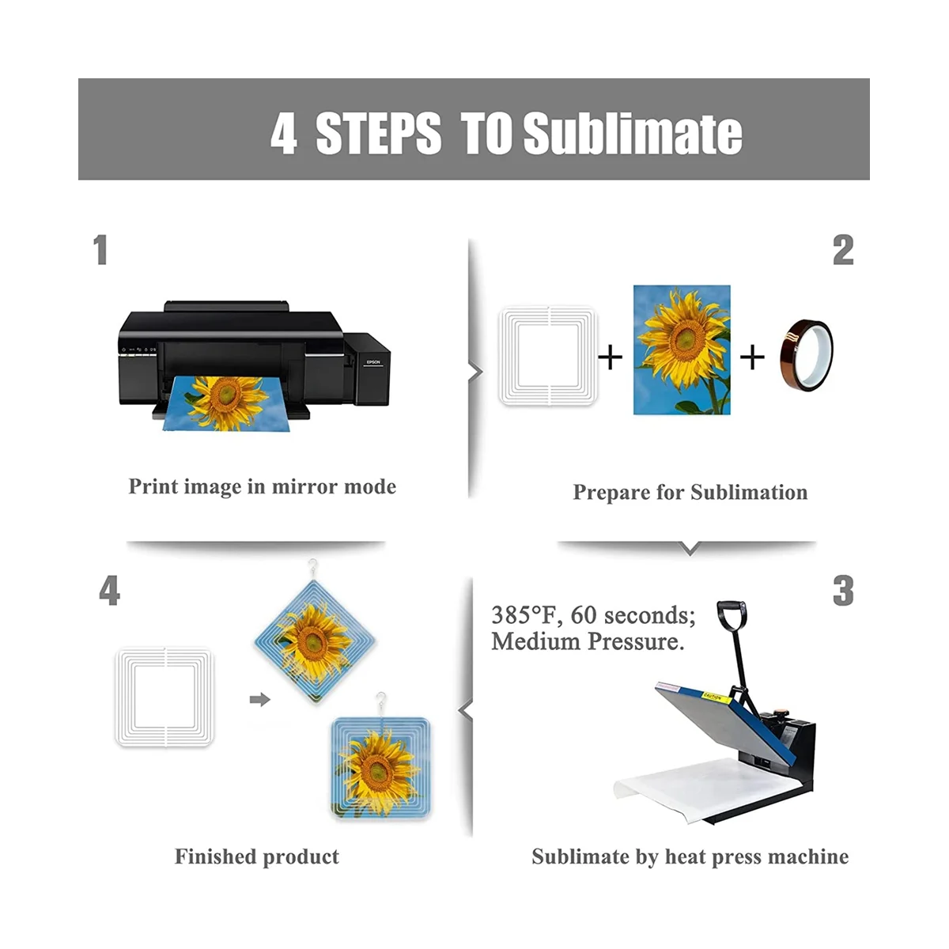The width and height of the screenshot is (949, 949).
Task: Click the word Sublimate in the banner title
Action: [x=633, y=133]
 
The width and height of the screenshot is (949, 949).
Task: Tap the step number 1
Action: [x=100, y=250]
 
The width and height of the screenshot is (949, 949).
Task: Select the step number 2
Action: [x=842, y=250]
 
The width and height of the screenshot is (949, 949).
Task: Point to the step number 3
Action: [x=842, y=591]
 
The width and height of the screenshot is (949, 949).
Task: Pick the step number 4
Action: [x=109, y=591]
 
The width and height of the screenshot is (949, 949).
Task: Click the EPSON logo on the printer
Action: [x=372, y=362]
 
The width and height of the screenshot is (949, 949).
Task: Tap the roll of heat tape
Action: [x=806, y=354]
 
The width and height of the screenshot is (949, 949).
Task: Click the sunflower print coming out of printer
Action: [x=225, y=403]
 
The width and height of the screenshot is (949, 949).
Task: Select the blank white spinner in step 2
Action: [x=547, y=356]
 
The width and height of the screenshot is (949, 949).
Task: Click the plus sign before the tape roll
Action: [x=752, y=357]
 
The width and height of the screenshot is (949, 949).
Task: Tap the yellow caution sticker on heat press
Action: [x=716, y=697]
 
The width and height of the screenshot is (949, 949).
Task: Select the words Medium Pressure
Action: [x=588, y=641]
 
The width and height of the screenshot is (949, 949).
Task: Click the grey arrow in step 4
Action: [x=259, y=699]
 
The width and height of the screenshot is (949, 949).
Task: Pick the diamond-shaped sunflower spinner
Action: [x=315, y=641]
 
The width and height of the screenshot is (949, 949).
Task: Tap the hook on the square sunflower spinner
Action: [x=380, y=702]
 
